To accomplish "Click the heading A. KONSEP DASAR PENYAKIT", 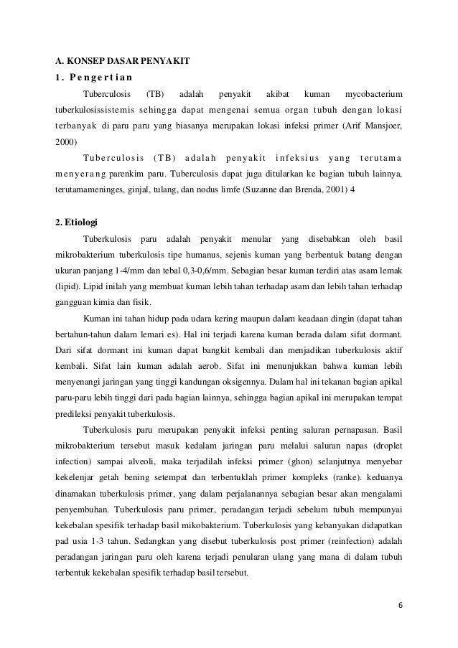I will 122,61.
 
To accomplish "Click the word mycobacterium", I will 374,94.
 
